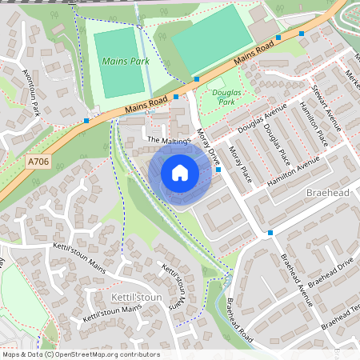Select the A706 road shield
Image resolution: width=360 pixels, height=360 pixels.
[38, 162]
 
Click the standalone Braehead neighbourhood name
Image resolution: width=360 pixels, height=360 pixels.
[329, 194]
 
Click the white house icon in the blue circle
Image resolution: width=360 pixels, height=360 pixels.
[180, 173]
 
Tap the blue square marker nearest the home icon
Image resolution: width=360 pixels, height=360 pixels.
[218, 170]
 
